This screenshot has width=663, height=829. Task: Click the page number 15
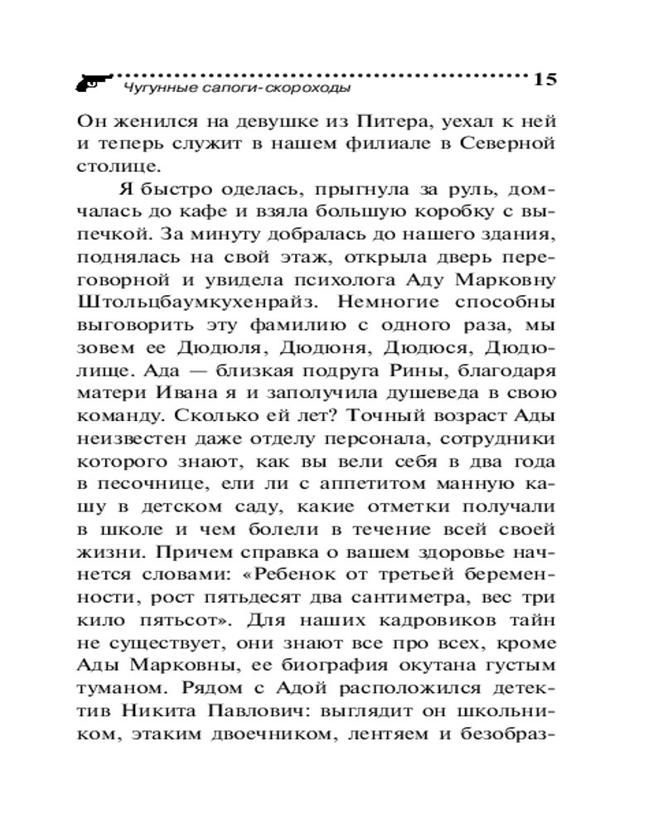click(x=544, y=80)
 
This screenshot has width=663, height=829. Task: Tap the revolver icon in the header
click(x=89, y=82)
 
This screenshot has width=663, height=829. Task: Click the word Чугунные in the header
click(x=149, y=85)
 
